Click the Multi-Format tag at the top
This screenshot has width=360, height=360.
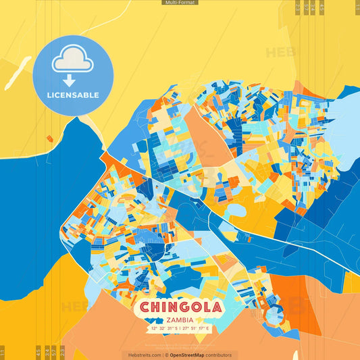coord(180,3)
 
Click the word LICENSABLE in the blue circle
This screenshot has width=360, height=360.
coord(73,95)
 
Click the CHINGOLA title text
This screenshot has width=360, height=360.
coord(180,307)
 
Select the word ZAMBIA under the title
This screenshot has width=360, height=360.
coord(180,319)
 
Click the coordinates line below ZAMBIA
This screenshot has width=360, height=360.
coord(180,328)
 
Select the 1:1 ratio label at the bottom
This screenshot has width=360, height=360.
coord(3,353)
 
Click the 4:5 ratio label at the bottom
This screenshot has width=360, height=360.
coord(37,353)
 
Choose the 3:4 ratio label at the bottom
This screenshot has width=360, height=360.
coord(45,353)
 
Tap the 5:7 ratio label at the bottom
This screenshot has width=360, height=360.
coord(54,353)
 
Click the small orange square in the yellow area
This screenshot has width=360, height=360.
coord(49,138)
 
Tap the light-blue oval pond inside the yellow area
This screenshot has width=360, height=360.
coord(236,211)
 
